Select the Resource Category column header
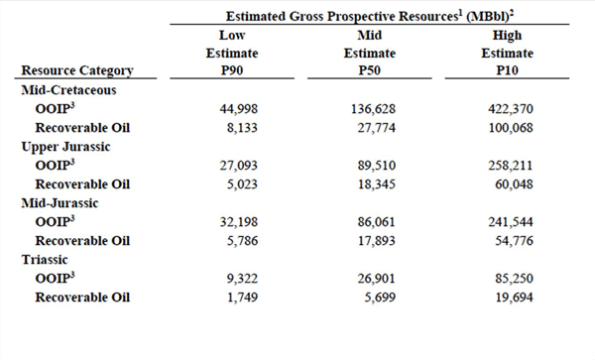coord(75,70)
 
